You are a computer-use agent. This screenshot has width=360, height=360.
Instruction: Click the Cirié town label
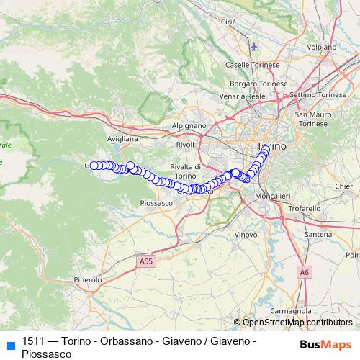pyautogui.click(x=229, y=22)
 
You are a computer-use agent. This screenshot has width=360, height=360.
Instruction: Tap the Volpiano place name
pyautogui.click(x=321, y=47)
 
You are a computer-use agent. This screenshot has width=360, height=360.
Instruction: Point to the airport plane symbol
pyautogui.click(x=253, y=47)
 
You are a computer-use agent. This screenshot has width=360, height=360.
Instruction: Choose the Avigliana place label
pyautogui.click(x=122, y=138)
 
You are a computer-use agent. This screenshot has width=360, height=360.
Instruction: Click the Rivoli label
pyautogui.click(x=185, y=145)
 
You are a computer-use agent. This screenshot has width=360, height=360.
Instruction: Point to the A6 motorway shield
pyautogui.click(x=305, y=271)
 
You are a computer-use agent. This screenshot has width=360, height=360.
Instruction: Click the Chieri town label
pyautogui.click(x=345, y=186)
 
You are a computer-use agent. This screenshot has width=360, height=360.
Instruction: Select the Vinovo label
pyautogui.click(x=246, y=235)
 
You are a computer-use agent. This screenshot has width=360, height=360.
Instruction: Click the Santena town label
pyautogui.click(x=318, y=235)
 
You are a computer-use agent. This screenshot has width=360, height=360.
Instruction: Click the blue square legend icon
pyautogui.click(x=10, y=344)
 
